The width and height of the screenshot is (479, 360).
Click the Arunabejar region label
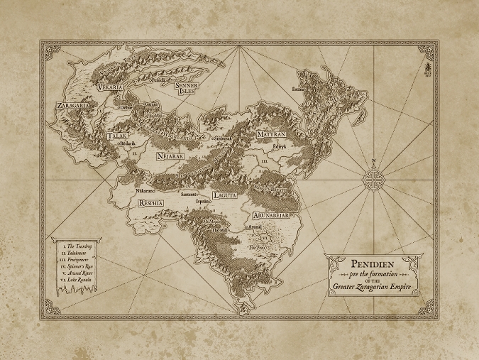pyautogui.click(x=271, y=211)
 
